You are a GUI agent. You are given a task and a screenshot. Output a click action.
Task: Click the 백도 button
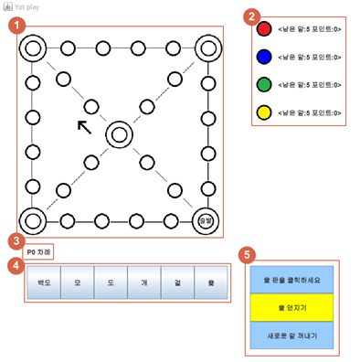click(43, 284)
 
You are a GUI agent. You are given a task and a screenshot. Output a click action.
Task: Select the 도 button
click(111, 284)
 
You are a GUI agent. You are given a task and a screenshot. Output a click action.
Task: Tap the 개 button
click(144, 284)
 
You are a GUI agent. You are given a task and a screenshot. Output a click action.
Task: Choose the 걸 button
click(177, 284)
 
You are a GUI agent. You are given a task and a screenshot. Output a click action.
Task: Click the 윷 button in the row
click(211, 284)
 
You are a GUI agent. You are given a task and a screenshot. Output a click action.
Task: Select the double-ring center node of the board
click(120, 135)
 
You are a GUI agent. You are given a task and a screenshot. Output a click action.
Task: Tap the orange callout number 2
click(254, 15)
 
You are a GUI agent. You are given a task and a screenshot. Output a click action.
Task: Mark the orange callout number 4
click(16, 265)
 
